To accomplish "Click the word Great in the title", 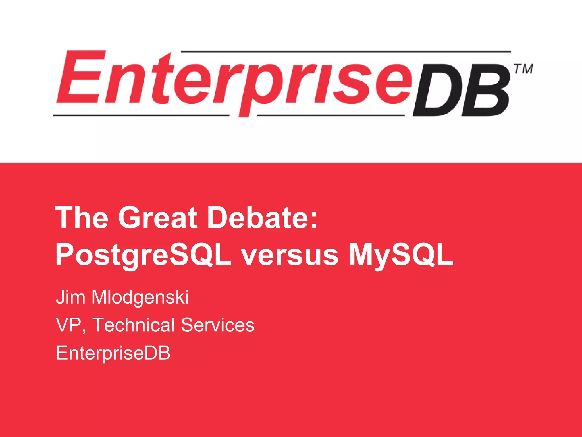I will (158, 218).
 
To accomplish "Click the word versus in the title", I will (290, 255).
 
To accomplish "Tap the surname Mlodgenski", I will (140, 298).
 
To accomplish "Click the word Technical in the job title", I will (134, 325).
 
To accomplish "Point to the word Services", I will (218, 325).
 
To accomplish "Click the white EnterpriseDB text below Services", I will (113, 353).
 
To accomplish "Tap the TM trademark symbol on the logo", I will (523, 69).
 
